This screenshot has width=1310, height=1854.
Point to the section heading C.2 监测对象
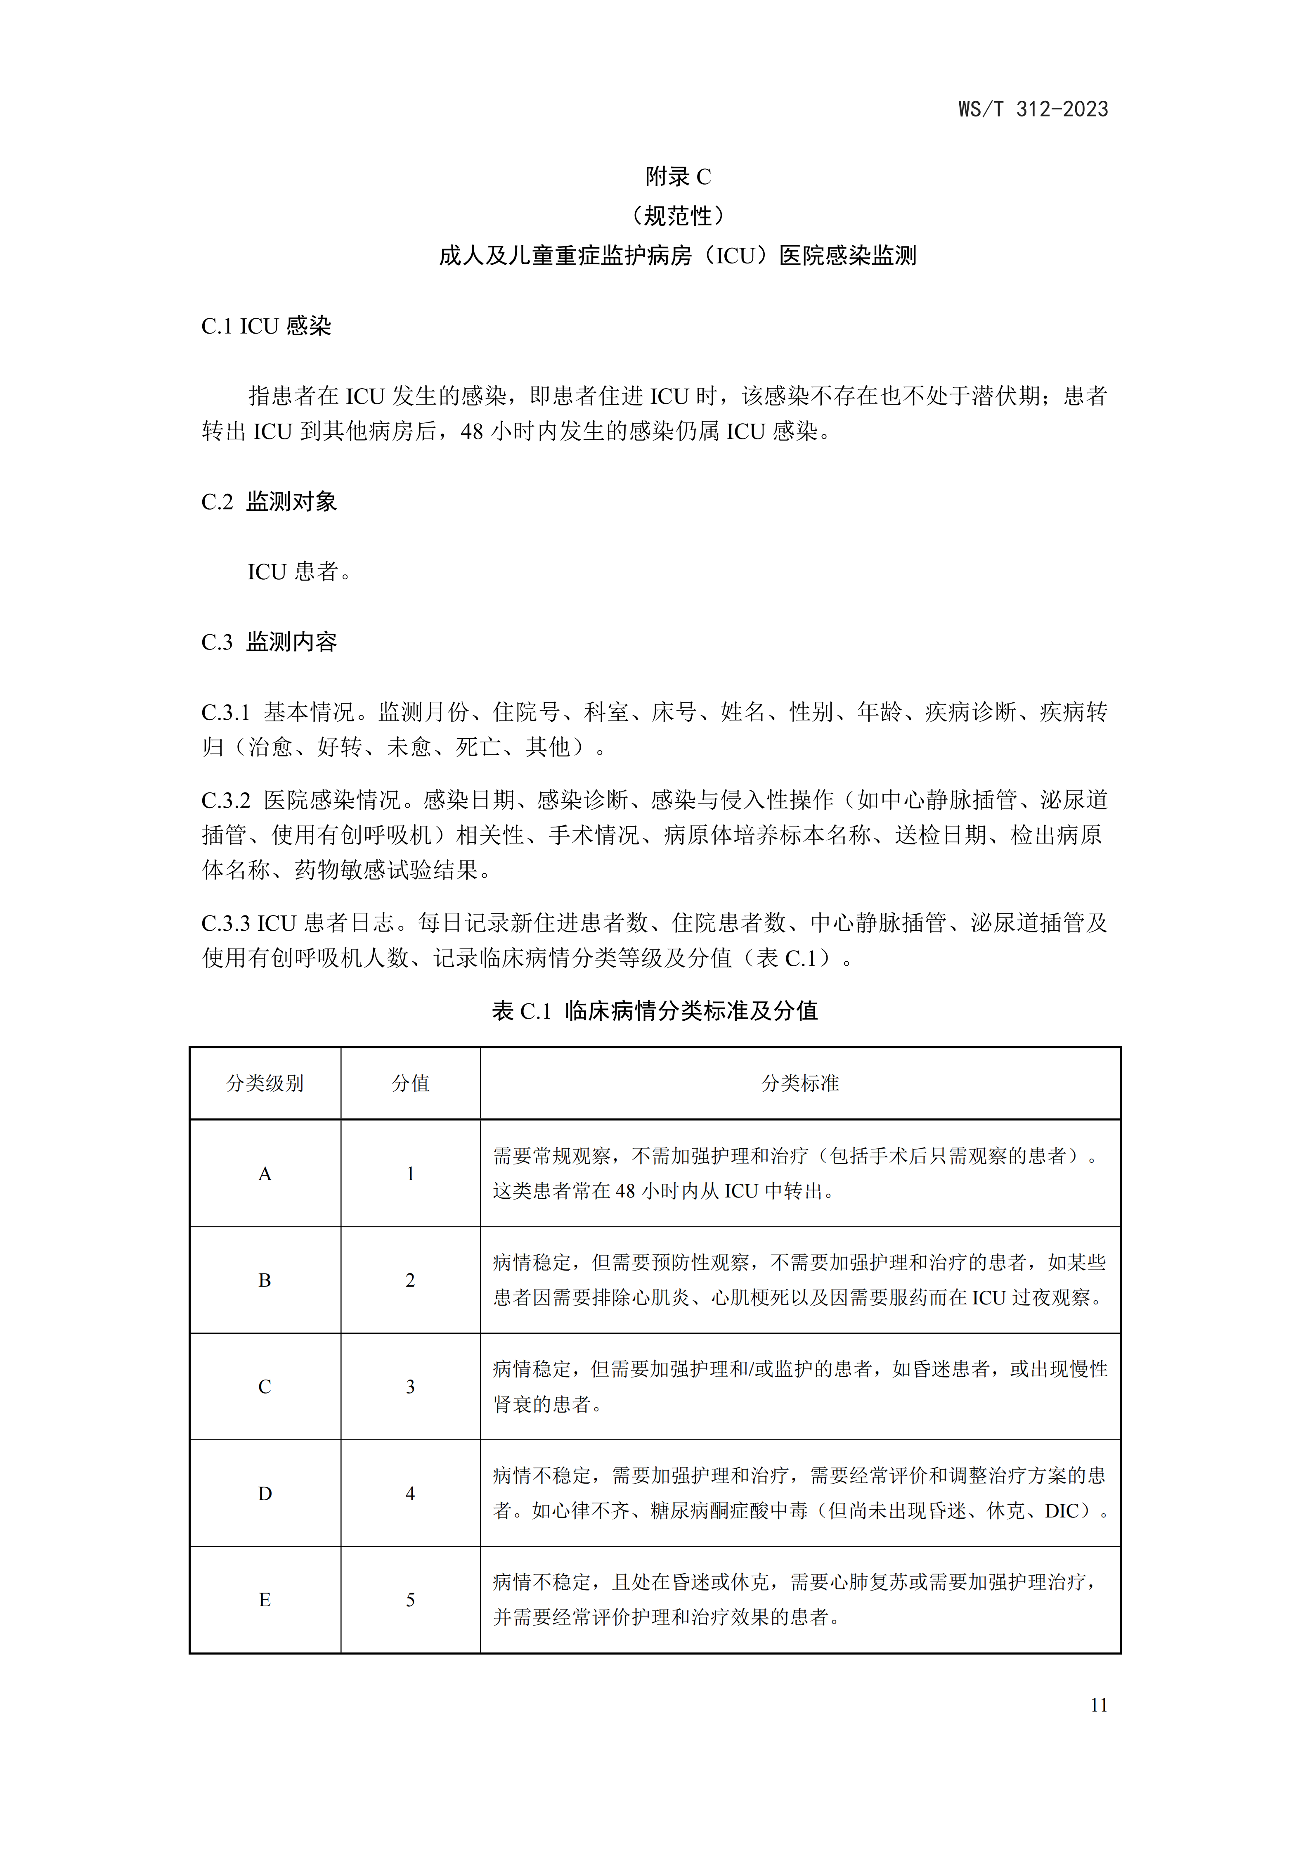pyautogui.click(x=269, y=501)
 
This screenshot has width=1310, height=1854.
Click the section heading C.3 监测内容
pyautogui.click(x=269, y=642)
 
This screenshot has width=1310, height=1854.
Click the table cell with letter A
pyautogui.click(x=265, y=1174)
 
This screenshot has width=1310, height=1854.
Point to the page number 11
pyautogui.click(x=1099, y=1705)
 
